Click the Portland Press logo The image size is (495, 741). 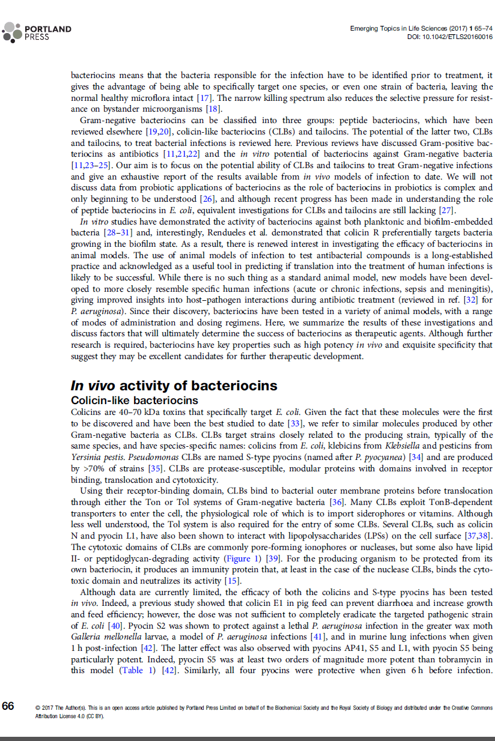(37, 32)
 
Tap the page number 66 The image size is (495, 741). (8, 706)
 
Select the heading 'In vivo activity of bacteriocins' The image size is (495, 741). (174, 385)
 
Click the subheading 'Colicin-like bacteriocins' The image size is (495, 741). (135, 400)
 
